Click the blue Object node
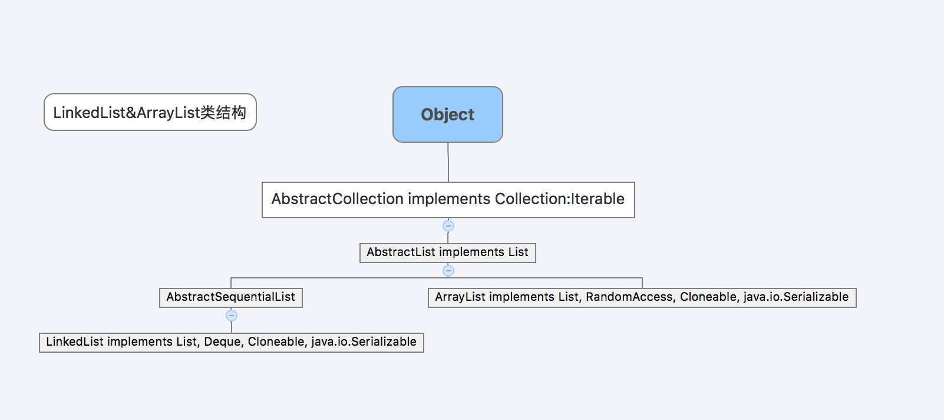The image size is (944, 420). coord(448,114)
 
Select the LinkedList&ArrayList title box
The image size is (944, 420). coord(150,112)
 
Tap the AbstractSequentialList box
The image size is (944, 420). coord(231,298)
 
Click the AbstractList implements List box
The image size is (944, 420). coord(448,253)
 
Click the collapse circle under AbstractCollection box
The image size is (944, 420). coord(448,226)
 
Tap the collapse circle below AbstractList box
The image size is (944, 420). coord(448,271)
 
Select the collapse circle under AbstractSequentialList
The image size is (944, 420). coord(232,316)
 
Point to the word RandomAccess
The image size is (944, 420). coord(629,297)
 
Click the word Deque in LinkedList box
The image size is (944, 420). coord(222,342)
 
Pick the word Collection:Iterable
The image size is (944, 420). coord(560,199)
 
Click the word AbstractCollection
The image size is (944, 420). coord(337,199)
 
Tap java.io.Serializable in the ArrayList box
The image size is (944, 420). coord(796,297)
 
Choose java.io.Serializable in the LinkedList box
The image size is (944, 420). coord(364,342)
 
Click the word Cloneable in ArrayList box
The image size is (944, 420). coord(708,297)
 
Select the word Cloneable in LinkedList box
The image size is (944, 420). coord(276,342)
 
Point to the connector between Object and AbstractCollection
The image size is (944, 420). coord(448,162)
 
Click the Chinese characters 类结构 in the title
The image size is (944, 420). coord(223,113)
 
